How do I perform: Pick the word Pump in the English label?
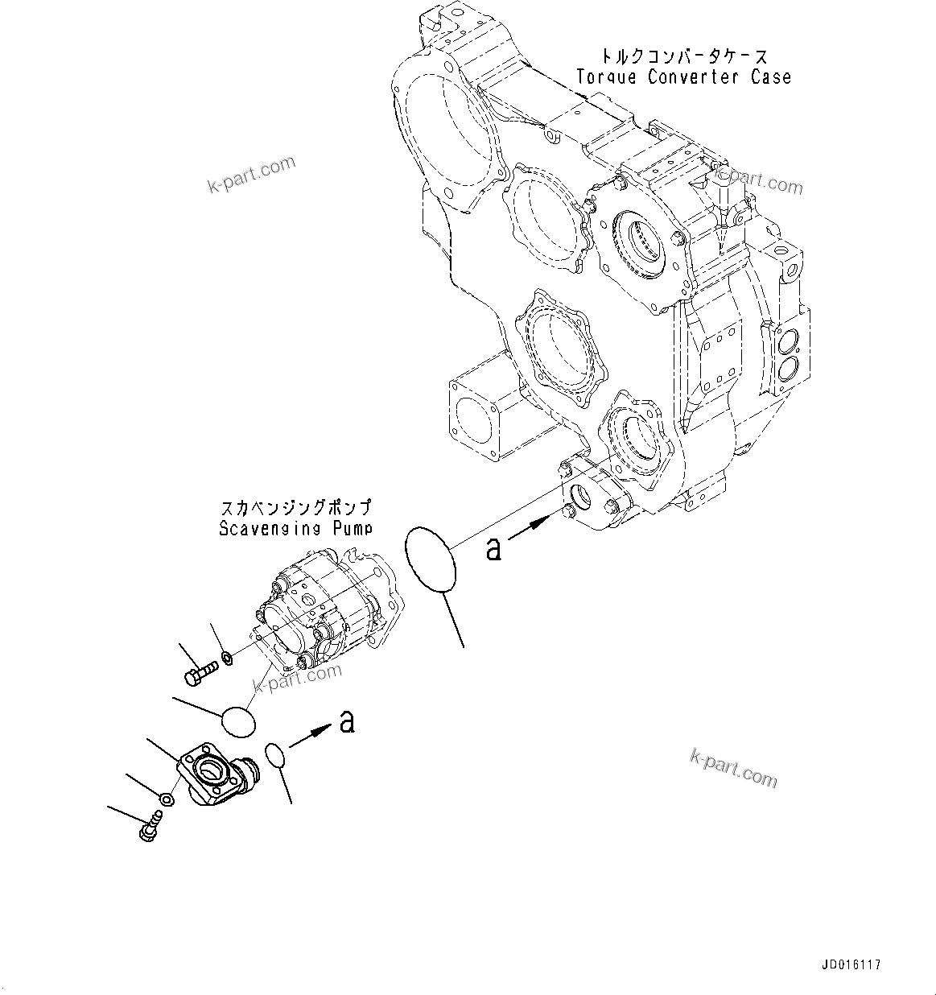(x=353, y=529)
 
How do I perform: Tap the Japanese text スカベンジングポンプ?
(x=295, y=509)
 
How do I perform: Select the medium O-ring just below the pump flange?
(x=237, y=721)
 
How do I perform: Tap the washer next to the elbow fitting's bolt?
(x=166, y=799)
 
